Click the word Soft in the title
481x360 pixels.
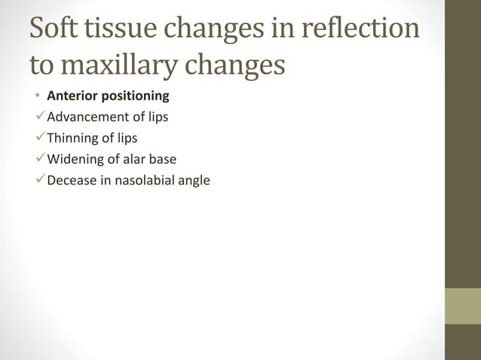pyautogui.click(x=54, y=29)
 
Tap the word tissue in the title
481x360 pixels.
pyautogui.click(x=124, y=29)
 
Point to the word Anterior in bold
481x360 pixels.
pyautogui.click(x=70, y=96)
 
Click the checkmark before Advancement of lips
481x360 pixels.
pyautogui.click(x=38, y=117)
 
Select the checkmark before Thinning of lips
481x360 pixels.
pyautogui.click(x=38, y=138)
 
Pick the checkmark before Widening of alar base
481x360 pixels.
pyautogui.click(x=38, y=159)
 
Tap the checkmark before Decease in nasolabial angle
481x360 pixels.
pyautogui.click(x=38, y=180)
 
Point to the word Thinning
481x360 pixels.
pyautogui.click(x=72, y=138)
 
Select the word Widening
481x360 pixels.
pyautogui.click(x=75, y=159)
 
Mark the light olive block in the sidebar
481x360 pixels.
pyautogui.click(x=462, y=305)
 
